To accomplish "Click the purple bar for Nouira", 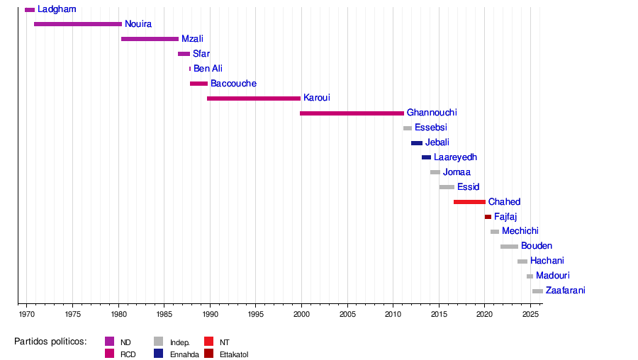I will coord(78,24).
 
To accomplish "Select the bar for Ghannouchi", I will coord(352,113).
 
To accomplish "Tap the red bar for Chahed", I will coord(469,202).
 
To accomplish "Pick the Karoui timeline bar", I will coord(254,99).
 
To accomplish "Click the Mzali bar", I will coord(150,39).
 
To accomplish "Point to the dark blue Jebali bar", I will coord(417,143).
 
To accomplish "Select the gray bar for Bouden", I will coord(509,247).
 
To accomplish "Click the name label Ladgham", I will coord(57,9).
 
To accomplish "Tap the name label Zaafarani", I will coord(565,291).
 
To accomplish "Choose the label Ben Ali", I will coord(208,69).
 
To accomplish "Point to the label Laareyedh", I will coord(455,157).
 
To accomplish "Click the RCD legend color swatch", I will coord(109,354).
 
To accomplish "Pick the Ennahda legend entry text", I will coord(184,354).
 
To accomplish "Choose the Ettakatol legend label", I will coord(234,354).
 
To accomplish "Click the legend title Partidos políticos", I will coord(50,342).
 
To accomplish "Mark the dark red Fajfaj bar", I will coord(488,217).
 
